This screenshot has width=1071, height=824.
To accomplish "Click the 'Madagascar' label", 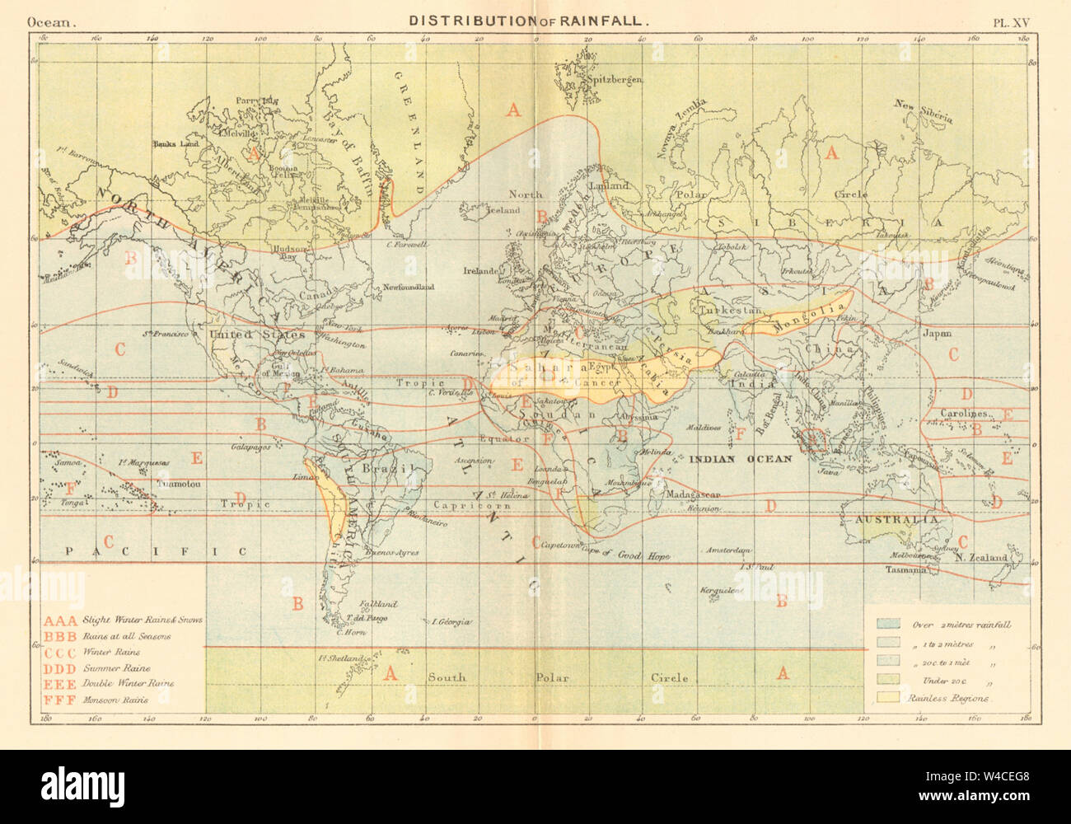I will point(696,494).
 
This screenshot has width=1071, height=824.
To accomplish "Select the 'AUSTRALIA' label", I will point(896,521).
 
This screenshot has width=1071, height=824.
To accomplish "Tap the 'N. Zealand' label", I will point(981,558).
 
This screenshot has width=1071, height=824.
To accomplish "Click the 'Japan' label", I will point(937,334).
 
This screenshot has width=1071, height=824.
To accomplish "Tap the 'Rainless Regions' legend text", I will point(947,698).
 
